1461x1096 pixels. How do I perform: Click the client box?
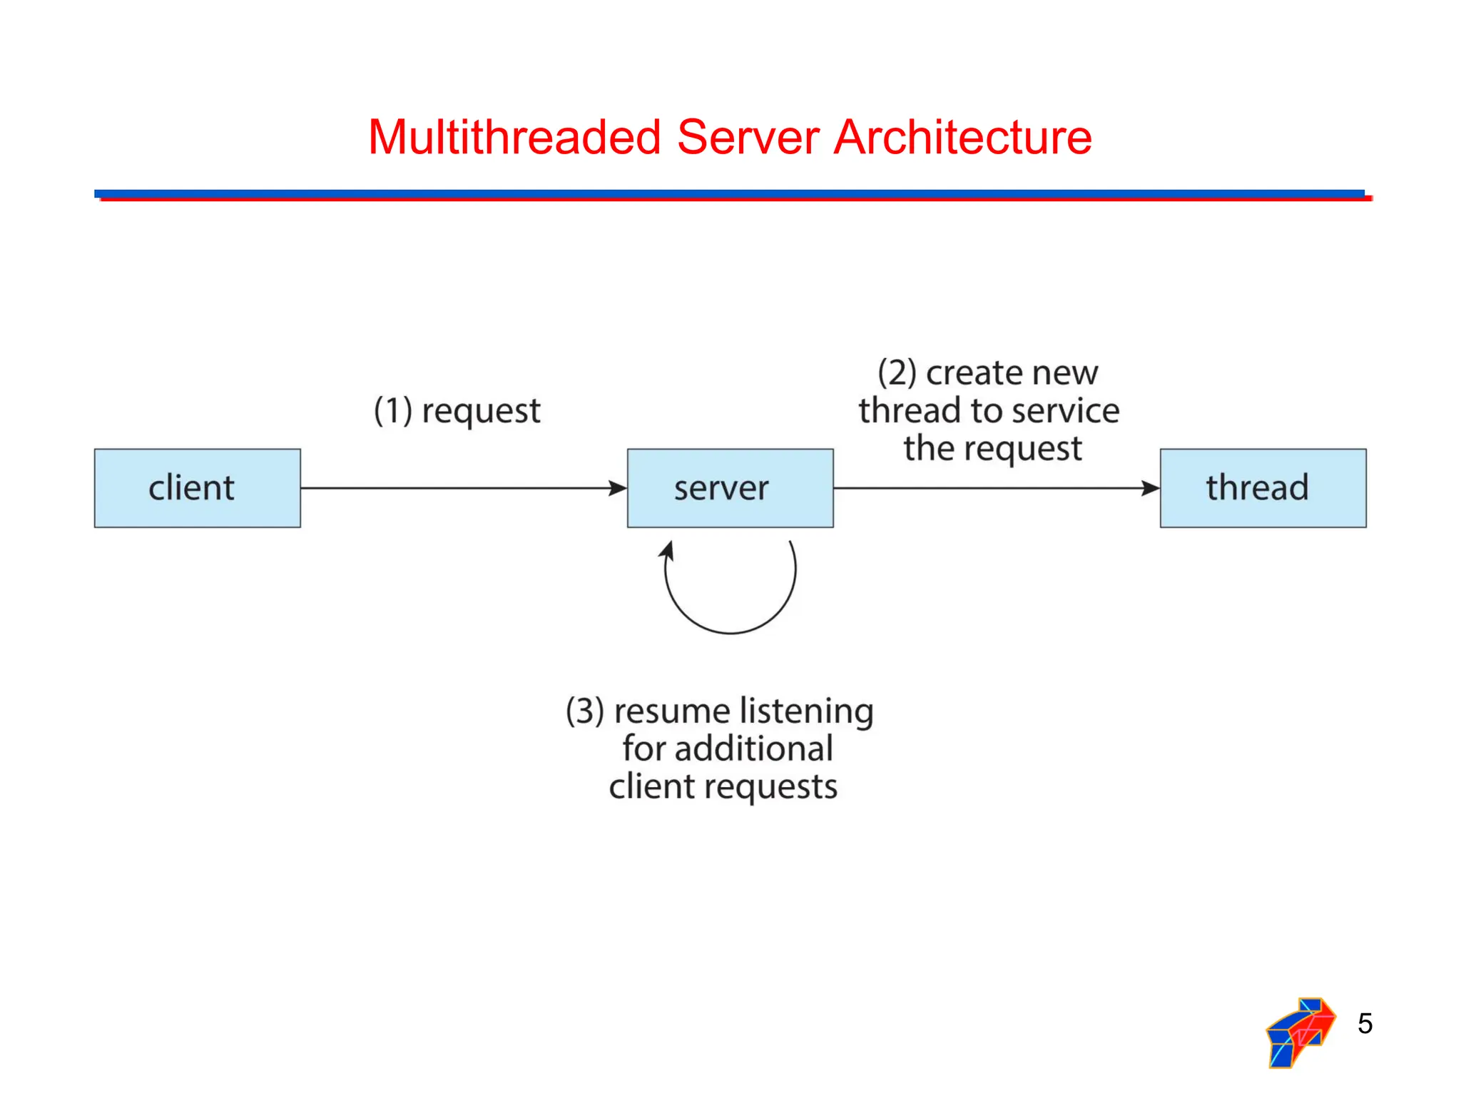[x=197, y=488]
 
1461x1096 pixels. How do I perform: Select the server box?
[x=730, y=488]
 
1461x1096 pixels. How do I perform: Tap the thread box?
[x=1263, y=488]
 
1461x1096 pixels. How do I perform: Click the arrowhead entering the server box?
[x=618, y=488]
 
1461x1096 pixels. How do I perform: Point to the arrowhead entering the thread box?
[x=1151, y=488]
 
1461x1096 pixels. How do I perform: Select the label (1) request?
[x=457, y=410]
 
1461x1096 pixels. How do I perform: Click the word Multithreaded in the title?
[x=514, y=137]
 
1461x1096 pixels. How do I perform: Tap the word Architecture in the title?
[x=962, y=137]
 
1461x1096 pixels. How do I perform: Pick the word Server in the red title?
[x=748, y=137]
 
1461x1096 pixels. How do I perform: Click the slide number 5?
[x=1365, y=1023]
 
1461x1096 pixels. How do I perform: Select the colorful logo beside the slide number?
[x=1299, y=1032]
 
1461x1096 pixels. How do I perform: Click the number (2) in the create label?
[x=897, y=372]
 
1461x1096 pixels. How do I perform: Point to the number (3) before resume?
[x=585, y=711]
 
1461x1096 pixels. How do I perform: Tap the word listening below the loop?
[x=806, y=711]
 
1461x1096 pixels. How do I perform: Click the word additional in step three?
[x=754, y=749]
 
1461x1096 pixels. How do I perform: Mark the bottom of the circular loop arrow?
[x=730, y=632]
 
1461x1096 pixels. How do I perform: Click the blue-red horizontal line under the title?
[x=730, y=195]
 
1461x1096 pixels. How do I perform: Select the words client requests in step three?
[x=723, y=786]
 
